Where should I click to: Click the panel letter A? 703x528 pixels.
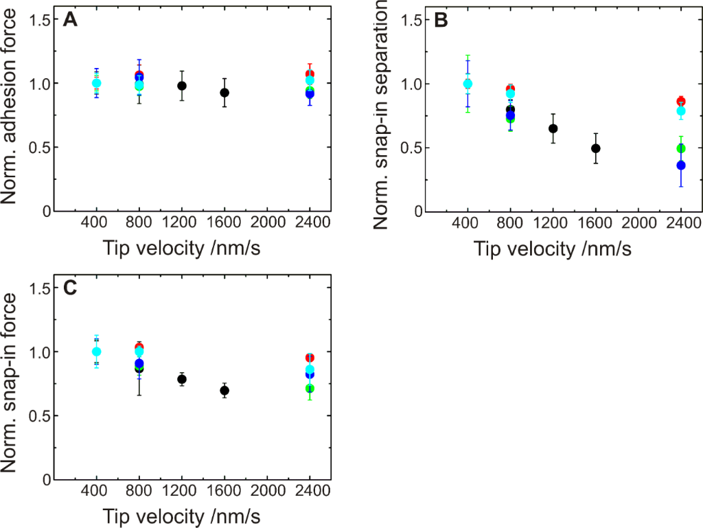coord(69,21)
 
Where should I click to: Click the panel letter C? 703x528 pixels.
coord(69,288)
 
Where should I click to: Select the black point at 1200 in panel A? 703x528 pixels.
coord(182,86)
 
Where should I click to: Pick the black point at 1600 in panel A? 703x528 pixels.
coord(224,93)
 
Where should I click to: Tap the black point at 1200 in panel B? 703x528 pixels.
coord(553,128)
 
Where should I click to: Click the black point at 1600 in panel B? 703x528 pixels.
coord(596,148)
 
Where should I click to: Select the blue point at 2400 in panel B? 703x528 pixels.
coord(681,165)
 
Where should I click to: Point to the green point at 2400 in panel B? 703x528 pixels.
coord(681,148)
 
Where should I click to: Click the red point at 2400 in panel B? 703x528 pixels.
coord(681,102)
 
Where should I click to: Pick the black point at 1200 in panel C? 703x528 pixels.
coord(182,379)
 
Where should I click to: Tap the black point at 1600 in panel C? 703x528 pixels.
coord(224,391)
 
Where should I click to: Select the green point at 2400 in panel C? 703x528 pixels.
coord(310,389)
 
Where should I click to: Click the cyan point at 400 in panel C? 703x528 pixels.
coord(96,352)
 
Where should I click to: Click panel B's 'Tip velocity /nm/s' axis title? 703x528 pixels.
coord(552,249)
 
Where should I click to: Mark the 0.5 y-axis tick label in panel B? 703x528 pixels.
coord(410,148)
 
